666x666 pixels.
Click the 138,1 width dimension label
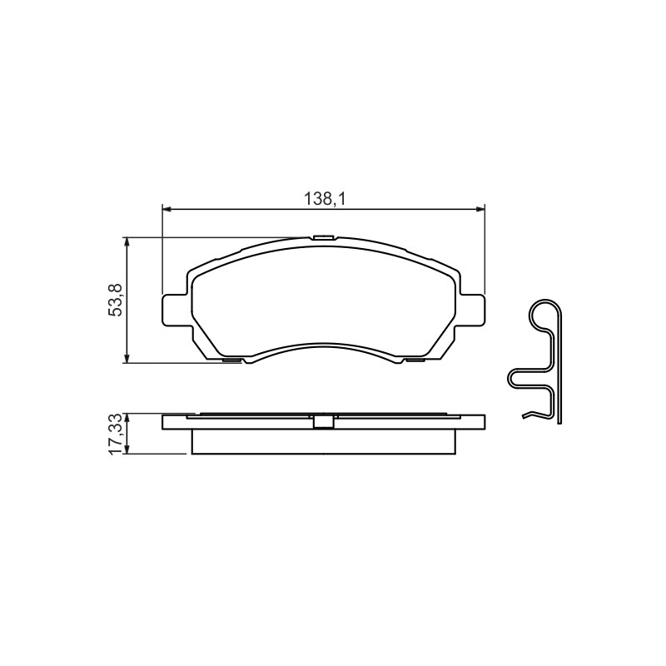[x=324, y=199]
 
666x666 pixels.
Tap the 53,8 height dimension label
[x=116, y=300]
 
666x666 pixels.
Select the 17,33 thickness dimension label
[x=116, y=434]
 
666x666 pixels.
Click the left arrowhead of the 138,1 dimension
[x=166, y=209]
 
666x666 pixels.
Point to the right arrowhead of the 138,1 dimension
[x=481, y=209]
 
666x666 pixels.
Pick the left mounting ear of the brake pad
[x=175, y=311]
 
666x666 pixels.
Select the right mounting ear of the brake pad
[x=471, y=311]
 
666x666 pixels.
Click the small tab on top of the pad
[x=323, y=237]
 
